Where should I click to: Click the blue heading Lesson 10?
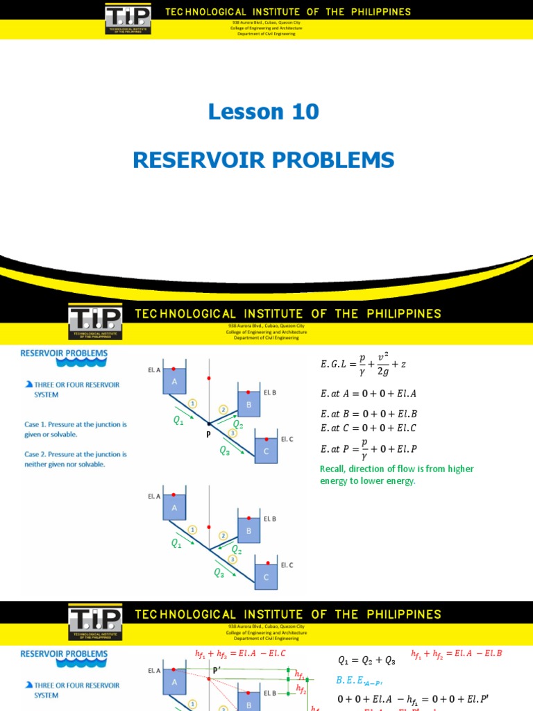pyautogui.click(x=264, y=112)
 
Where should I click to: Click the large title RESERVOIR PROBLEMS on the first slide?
pyautogui.click(x=264, y=160)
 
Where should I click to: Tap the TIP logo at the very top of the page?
pyautogui.click(x=128, y=19)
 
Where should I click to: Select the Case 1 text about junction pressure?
pyautogui.click(x=74, y=428)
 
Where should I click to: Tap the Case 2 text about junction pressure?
pyautogui.click(x=74, y=459)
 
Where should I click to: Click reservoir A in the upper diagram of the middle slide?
pyautogui.click(x=175, y=383)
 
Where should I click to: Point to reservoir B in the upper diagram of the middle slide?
pyautogui.click(x=248, y=404)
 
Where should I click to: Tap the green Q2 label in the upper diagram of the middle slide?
pyautogui.click(x=237, y=424)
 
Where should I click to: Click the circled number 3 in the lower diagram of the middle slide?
pyautogui.click(x=233, y=559)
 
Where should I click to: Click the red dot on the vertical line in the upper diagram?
pyautogui.click(x=209, y=379)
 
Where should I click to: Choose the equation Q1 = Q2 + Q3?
pyautogui.click(x=366, y=661)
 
